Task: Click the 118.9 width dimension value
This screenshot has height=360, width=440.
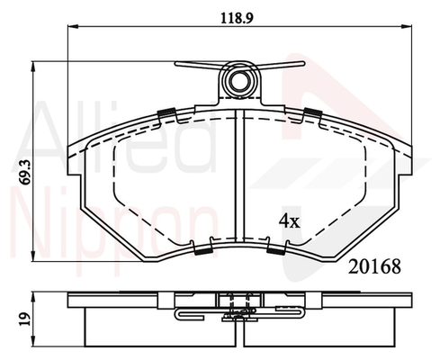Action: [237, 18]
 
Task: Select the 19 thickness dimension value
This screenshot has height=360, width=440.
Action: [26, 319]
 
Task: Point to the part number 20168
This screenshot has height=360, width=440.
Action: [374, 266]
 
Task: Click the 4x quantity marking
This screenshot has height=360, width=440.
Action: [290, 221]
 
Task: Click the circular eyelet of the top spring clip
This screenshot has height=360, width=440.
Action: [239, 80]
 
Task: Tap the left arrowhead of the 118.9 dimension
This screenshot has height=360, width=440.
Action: [73, 27]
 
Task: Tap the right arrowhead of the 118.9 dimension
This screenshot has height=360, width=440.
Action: [407, 27]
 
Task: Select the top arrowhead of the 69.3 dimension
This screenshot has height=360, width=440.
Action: [34, 67]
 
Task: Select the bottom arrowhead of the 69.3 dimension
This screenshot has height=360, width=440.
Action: [34, 256]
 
